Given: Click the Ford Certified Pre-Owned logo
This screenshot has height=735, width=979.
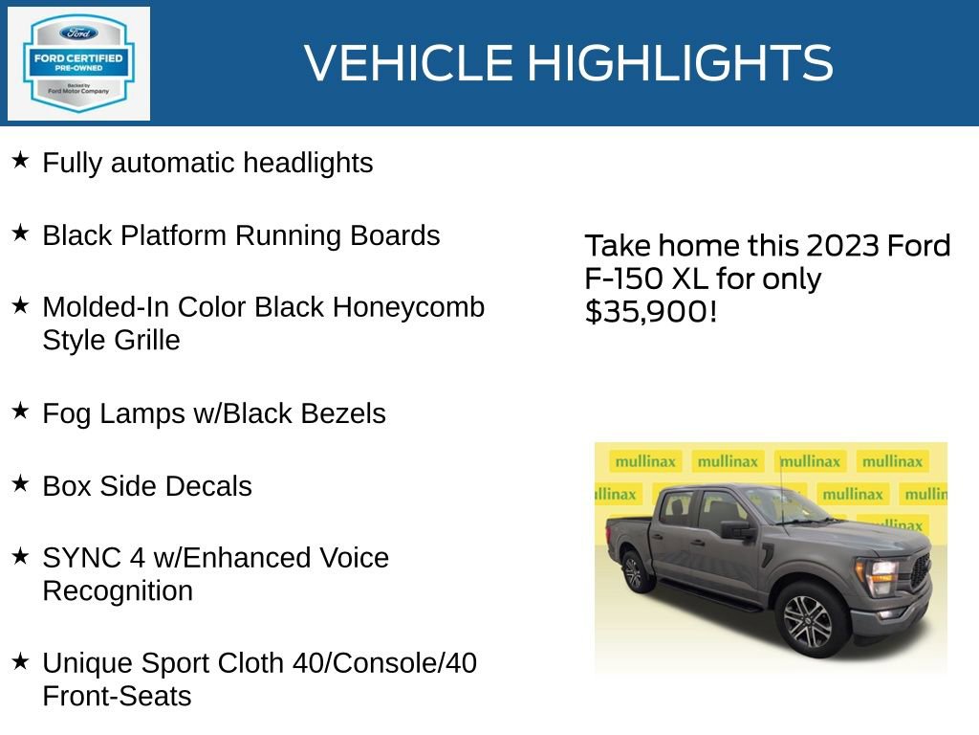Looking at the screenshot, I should (78, 64).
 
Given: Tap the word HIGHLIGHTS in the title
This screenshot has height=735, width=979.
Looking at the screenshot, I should (680, 63).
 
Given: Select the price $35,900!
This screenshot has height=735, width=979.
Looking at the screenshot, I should (650, 311).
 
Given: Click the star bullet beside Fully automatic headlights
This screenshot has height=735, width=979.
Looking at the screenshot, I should (20, 160).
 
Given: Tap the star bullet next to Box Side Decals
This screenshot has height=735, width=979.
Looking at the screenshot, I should (20, 483).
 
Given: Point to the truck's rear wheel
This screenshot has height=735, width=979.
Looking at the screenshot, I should (633, 571).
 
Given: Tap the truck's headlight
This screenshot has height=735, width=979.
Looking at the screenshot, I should (880, 575).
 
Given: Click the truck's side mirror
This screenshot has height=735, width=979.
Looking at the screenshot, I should (737, 530).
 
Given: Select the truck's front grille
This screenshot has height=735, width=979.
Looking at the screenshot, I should (920, 571).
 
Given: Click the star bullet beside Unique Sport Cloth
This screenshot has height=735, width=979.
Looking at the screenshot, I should (20, 660).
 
